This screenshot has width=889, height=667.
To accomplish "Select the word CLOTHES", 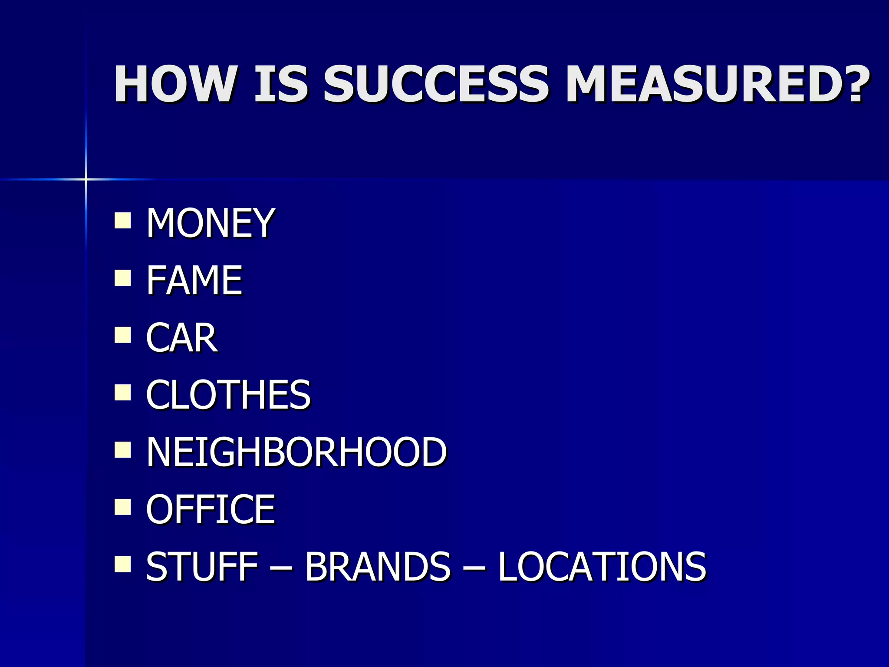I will point(228,395).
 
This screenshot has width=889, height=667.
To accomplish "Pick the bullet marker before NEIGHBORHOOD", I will point(123,450).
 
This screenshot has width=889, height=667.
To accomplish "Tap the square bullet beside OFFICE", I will point(123,507).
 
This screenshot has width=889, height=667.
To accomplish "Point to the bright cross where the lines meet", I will point(86,179).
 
